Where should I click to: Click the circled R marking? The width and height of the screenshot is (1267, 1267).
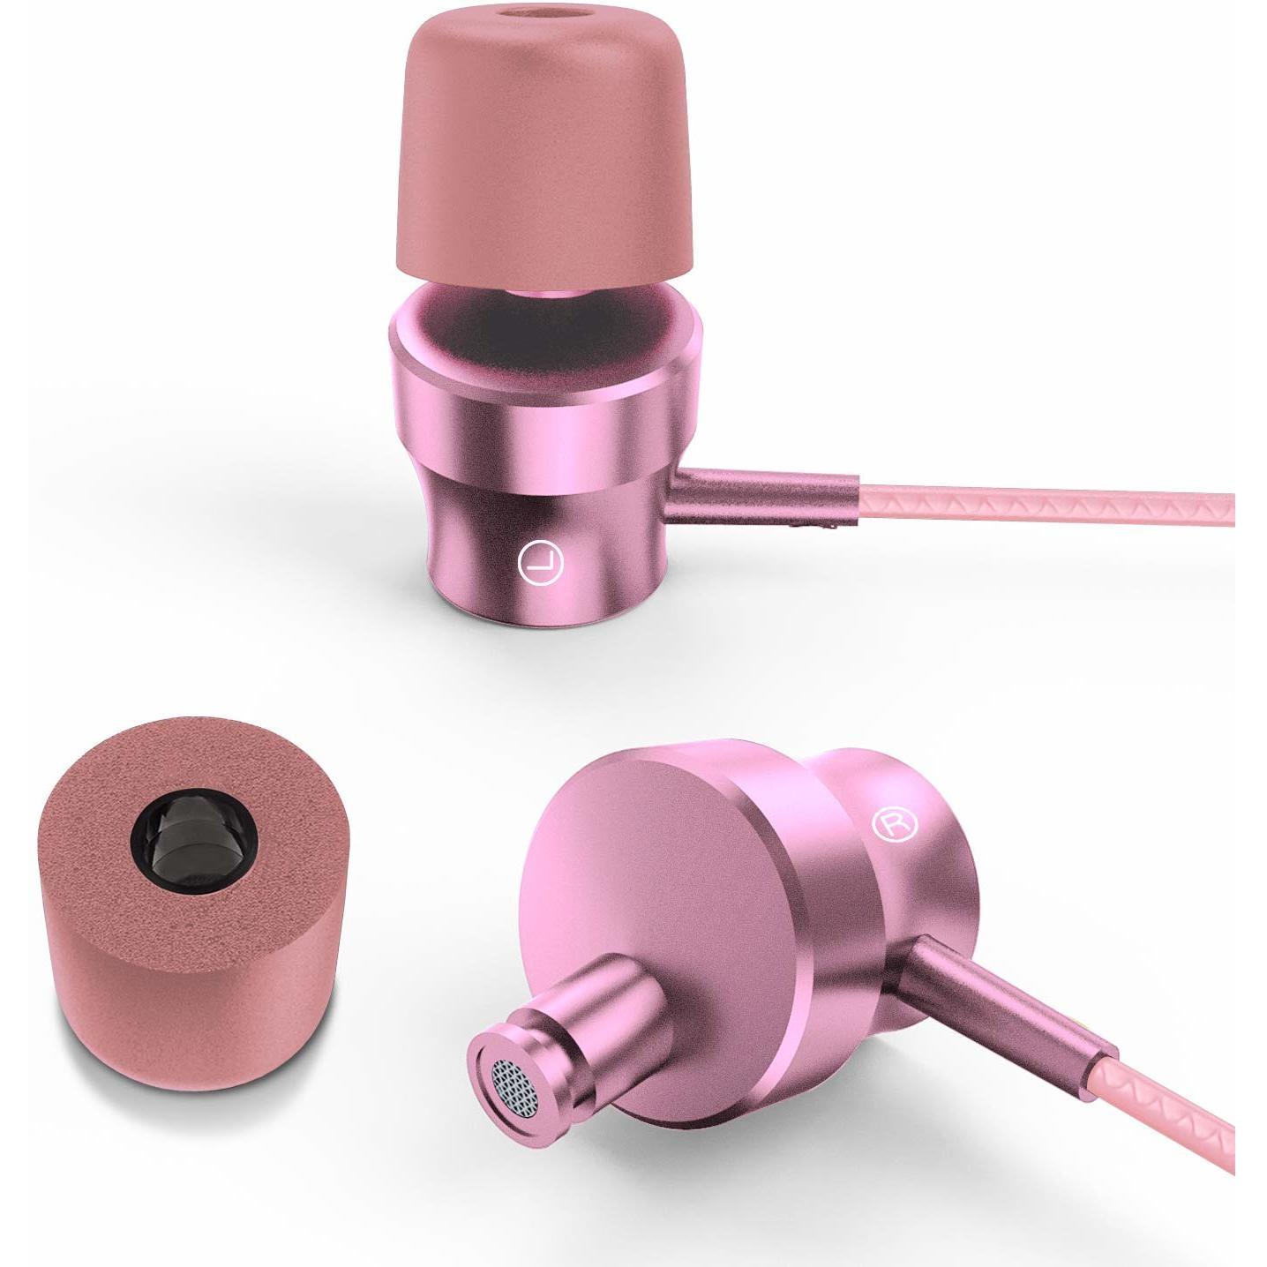[894, 824]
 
